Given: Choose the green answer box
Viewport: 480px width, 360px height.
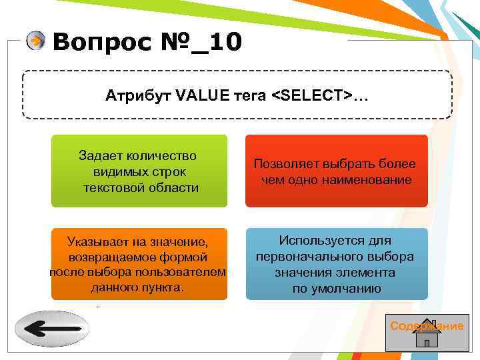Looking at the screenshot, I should [139, 171].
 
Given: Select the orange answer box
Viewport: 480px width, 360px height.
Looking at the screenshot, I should [139, 263].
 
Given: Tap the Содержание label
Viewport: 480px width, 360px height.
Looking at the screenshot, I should [427, 325].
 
